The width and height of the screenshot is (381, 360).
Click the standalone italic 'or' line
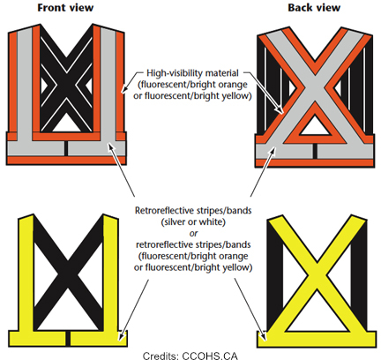[x=191, y=237]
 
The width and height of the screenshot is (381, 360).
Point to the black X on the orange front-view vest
[x=67, y=84]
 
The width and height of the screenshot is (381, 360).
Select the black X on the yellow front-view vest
[x=67, y=269]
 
